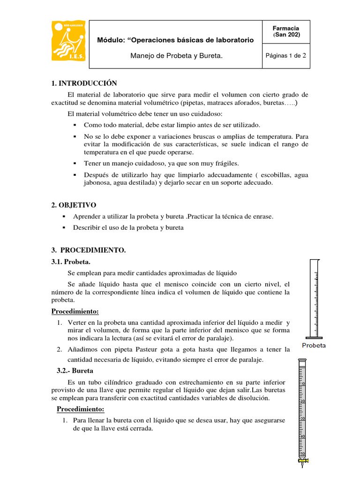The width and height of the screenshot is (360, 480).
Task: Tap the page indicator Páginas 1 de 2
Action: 285,55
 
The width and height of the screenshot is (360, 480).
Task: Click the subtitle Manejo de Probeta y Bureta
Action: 175,56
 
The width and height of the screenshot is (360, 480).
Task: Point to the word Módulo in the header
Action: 109,40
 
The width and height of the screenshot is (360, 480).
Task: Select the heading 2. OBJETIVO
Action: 74,205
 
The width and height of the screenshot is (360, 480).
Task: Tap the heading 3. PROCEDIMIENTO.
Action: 89,250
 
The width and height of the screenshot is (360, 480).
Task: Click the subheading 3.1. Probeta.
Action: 71,262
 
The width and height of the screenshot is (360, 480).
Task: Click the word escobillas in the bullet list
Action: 276,174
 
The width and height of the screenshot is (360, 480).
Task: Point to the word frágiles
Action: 224,163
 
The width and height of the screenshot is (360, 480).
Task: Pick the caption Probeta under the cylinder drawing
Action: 314,345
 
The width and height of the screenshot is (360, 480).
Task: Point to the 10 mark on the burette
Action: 302,384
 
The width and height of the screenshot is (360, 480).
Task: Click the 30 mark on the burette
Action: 302,418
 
